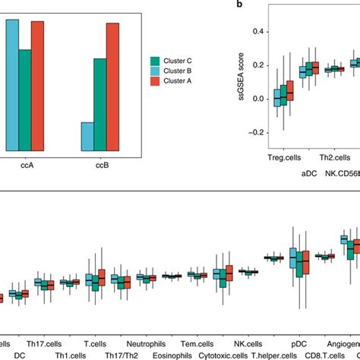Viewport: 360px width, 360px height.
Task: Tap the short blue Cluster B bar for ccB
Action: tap(87, 136)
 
